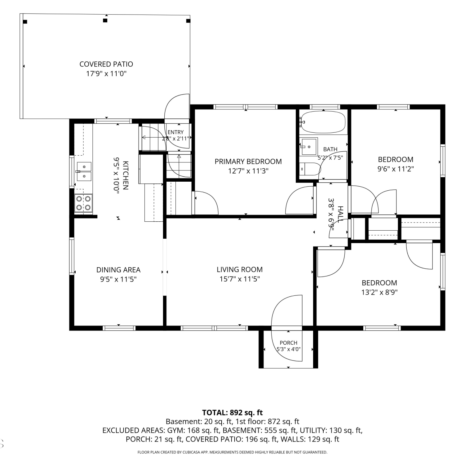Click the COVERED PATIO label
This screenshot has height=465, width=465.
click(106, 64)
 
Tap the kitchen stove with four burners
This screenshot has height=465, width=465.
click(84, 203)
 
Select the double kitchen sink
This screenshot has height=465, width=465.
click(84, 171)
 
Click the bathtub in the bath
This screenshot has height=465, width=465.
click(323, 122)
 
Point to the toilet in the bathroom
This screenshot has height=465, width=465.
click(310, 169)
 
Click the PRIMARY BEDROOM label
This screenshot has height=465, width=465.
click(248, 162)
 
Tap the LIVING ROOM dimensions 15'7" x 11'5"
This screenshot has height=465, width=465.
click(240, 279)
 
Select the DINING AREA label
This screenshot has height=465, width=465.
click(118, 270)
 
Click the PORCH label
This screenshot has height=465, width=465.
click(289, 343)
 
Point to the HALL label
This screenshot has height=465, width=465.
click(340, 214)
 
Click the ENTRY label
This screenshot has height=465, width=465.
click(175, 132)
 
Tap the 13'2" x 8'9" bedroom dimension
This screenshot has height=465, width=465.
click(379, 292)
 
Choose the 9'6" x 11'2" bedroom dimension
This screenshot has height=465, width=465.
click(396, 169)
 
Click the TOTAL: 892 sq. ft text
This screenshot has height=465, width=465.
click(232, 413)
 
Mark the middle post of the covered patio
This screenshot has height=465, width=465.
click(105, 20)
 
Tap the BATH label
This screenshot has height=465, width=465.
click(330, 149)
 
